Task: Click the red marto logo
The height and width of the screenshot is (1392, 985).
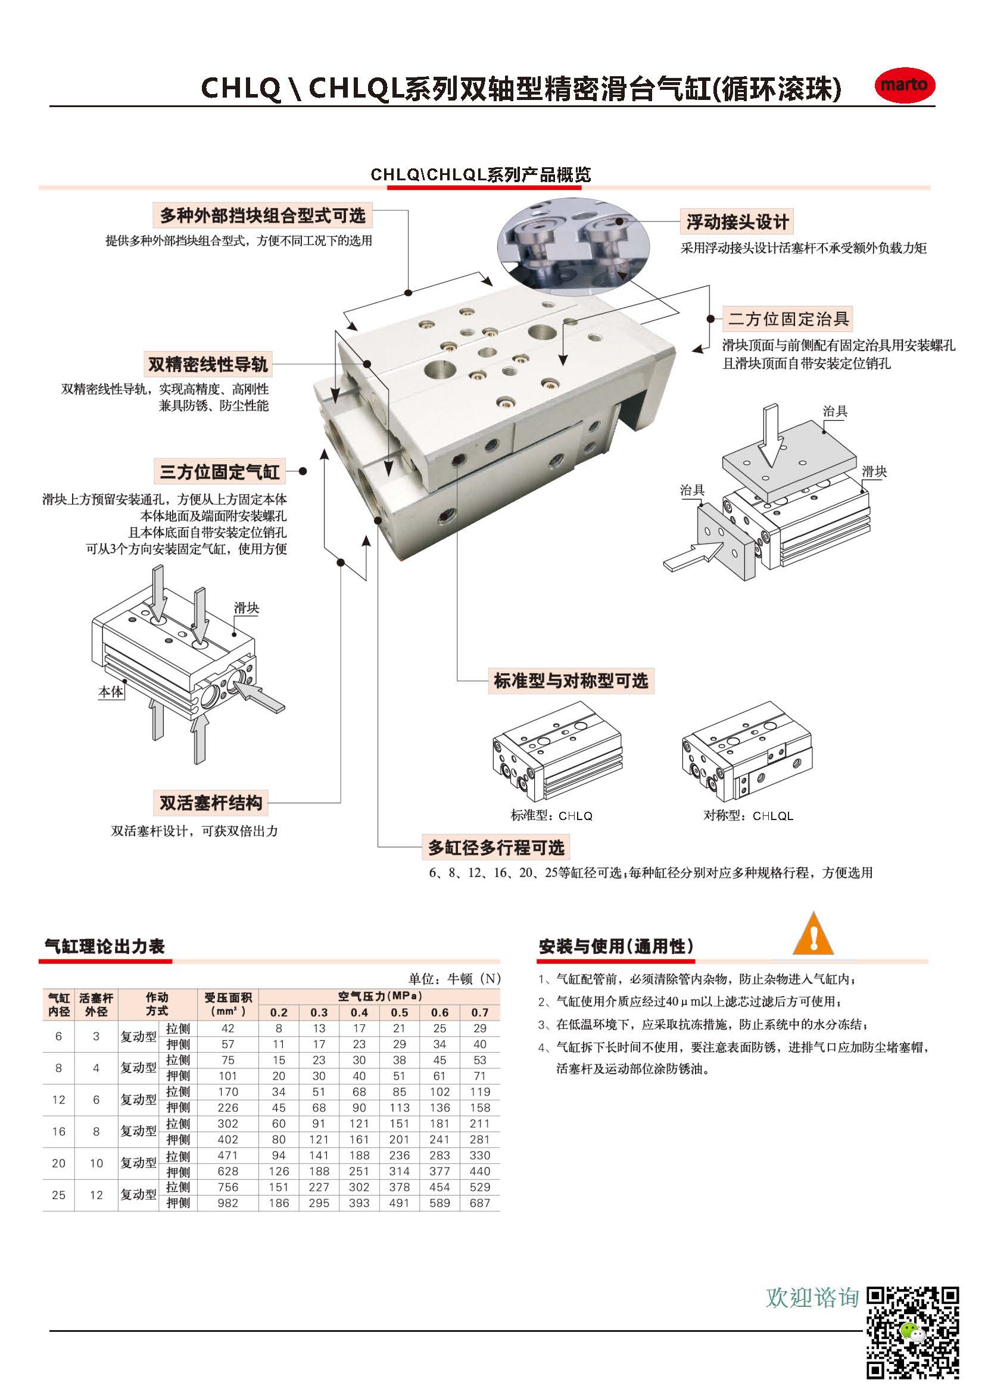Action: coord(905,85)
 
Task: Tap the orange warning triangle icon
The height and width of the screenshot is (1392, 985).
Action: coord(813,934)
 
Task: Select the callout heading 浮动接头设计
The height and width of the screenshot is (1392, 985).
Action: coord(737,222)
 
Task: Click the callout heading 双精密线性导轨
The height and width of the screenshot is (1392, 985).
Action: coord(208,364)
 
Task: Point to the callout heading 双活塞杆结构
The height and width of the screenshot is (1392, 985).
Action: coord(210,803)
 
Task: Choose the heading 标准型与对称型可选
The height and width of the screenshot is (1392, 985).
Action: coord(571,680)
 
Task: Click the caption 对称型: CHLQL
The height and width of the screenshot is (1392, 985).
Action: coord(748,816)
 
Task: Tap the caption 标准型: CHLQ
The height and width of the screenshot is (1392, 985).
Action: coord(551,816)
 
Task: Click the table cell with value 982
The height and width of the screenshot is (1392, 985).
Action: coord(228,1203)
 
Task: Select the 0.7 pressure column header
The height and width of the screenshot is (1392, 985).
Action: coord(480,1012)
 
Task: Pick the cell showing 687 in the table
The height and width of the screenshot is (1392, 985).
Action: coord(480,1203)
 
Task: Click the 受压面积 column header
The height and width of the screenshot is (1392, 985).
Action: coord(228,1005)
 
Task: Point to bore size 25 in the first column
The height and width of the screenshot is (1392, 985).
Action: coord(59,1195)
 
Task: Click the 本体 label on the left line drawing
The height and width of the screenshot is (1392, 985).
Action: coord(111,692)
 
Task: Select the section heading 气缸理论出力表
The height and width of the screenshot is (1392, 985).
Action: coord(104,946)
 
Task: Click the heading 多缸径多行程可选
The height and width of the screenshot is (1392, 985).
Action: coord(496,847)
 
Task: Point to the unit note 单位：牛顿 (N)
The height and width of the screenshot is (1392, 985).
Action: coord(454,978)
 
